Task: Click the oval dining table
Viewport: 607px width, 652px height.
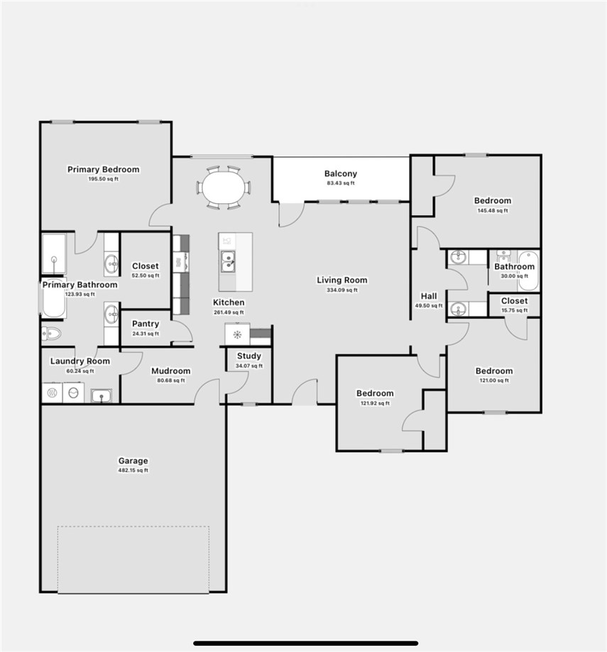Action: [223, 188]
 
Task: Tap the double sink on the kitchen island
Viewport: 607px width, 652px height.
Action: [228, 261]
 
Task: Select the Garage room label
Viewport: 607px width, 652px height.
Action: [133, 461]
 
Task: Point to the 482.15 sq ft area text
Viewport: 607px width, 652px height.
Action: [133, 470]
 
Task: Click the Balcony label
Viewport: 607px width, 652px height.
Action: [341, 173]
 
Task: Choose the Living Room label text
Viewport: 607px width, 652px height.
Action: [342, 280]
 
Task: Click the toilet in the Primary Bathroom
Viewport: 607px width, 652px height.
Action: [51, 333]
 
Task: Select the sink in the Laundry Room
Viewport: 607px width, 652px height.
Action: [101, 395]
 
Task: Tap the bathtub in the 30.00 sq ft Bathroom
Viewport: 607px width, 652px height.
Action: [527, 271]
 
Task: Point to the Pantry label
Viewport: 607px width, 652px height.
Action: [146, 324]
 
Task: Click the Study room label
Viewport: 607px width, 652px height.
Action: [248, 356]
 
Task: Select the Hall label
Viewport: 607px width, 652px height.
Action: [429, 296]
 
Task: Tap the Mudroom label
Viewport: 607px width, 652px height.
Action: [170, 371]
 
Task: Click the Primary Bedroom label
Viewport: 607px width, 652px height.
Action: [104, 169]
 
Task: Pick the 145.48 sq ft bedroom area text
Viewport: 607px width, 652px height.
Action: [493, 210]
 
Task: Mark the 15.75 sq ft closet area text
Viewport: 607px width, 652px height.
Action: [514, 310]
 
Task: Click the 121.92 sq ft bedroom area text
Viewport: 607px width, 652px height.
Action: [375, 403]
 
